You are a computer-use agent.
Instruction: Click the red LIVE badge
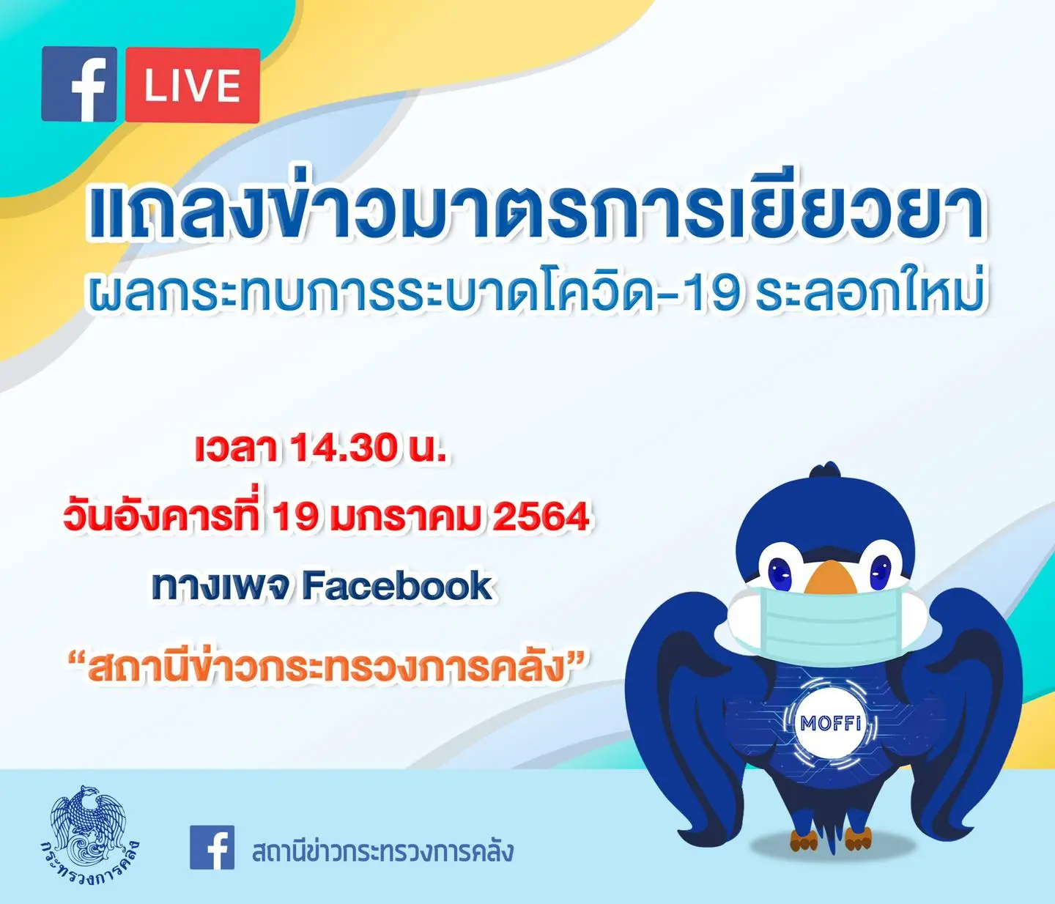point(193,85)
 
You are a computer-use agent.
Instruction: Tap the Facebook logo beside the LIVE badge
point(79,84)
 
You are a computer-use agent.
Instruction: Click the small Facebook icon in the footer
point(212,847)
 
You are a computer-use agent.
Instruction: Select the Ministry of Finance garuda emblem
point(90,836)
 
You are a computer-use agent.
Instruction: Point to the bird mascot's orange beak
point(830,577)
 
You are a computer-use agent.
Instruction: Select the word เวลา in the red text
point(237,448)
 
